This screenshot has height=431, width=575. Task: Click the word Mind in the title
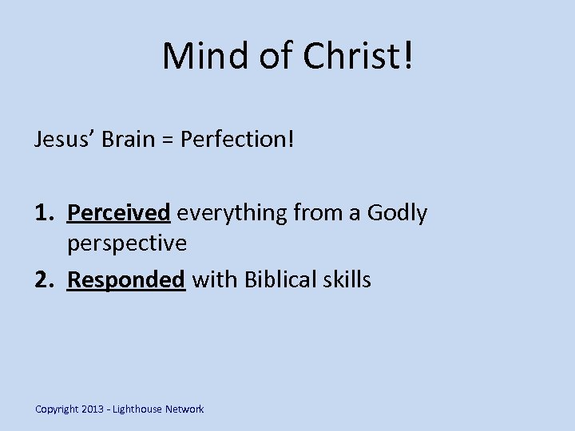pyautogui.click(x=202, y=55)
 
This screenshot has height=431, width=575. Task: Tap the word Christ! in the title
pyautogui.click(x=359, y=55)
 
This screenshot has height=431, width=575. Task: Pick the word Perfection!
pyautogui.click(x=237, y=140)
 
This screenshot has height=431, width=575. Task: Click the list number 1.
pyautogui.click(x=43, y=213)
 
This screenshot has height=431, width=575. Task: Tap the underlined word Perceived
pyautogui.click(x=119, y=213)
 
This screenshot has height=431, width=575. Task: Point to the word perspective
pyautogui.click(x=127, y=242)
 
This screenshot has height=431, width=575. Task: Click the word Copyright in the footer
pyautogui.click(x=57, y=409)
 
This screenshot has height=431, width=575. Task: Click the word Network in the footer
pyautogui.click(x=184, y=409)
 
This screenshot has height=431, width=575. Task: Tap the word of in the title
pyautogui.click(x=269, y=55)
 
